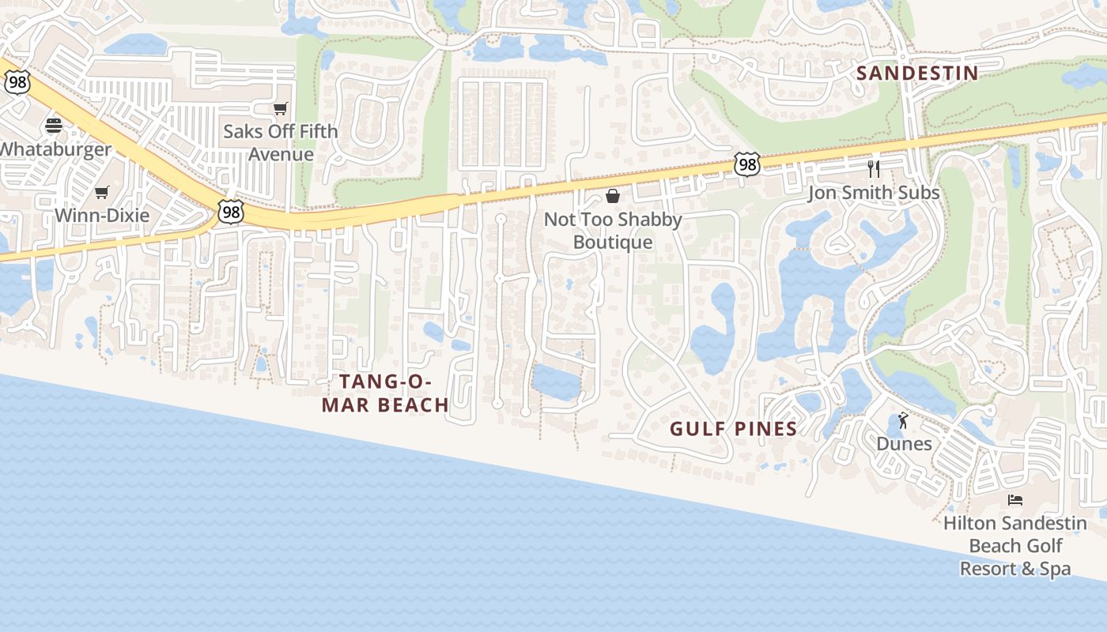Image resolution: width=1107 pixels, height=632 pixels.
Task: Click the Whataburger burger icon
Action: point(54,125)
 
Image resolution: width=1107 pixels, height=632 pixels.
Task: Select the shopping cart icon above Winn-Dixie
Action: point(101,192)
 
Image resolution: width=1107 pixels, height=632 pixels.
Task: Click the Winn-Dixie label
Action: point(102,214)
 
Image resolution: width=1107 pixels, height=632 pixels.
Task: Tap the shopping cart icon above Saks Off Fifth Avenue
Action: point(280,108)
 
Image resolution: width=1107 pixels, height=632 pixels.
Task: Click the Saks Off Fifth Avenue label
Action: point(280,142)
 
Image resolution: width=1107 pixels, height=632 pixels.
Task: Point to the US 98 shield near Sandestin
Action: point(746,164)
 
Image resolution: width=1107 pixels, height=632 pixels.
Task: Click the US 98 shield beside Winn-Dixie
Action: point(230,212)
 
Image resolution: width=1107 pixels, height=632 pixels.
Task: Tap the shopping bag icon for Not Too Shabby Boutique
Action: point(612,196)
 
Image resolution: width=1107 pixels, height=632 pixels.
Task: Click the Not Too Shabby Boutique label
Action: point(613,231)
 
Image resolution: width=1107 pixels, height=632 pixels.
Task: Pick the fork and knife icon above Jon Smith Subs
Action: point(874,168)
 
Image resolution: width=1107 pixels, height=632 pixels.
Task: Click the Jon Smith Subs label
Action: point(874,192)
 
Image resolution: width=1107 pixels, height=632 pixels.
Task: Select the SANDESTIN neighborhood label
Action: point(917,73)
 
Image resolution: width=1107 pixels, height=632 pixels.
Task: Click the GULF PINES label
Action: point(733,429)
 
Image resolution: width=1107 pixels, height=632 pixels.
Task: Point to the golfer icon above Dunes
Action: point(904,420)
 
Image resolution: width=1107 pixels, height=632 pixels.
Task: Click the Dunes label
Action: point(904,443)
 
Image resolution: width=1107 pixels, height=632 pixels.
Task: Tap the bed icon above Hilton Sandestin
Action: point(1015,500)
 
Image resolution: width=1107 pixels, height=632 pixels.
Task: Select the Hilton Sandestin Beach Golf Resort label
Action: point(1015,545)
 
